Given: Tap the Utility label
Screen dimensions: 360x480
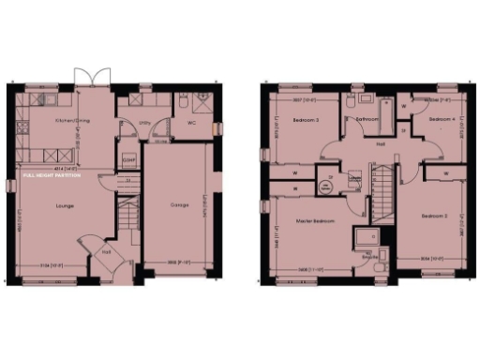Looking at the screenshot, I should coord(145,121).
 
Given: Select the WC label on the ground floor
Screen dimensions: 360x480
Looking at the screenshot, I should coord(191,122).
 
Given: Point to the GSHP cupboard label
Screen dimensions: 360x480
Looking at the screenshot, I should coord(128,160).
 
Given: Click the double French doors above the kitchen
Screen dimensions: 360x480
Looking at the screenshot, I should coord(85,78).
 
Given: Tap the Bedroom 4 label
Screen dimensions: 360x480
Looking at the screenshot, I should coord(441,120).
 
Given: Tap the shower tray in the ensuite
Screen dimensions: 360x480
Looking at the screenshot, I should coord(366,236).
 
